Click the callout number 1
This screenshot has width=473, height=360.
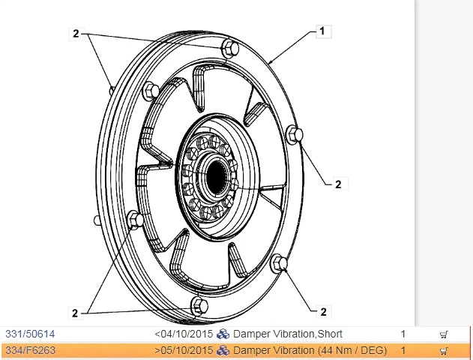322,31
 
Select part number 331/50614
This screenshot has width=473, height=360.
30,334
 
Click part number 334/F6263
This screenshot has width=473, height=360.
29,350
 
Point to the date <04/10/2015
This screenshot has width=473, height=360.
184,334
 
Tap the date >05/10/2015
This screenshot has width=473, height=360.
184,350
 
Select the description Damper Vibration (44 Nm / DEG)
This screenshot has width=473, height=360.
310,350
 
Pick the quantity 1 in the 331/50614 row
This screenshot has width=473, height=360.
403,334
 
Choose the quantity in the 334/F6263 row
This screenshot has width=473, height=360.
403,350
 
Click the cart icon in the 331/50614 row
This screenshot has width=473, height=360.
444,334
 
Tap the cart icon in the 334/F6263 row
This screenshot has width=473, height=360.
444,351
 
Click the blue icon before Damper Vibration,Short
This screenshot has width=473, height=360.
223,334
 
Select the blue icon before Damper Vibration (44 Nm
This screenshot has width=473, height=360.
223,350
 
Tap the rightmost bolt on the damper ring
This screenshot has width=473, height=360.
298,135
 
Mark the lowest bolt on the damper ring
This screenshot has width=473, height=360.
199,304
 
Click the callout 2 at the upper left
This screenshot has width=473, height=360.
76,33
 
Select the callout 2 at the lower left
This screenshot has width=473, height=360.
75,313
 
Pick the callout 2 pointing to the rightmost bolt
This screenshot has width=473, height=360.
338,184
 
